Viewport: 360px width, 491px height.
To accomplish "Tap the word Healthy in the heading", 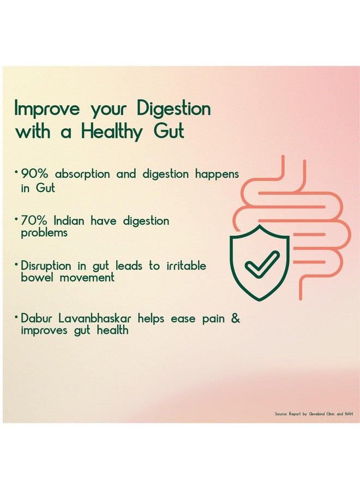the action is pos(111,131).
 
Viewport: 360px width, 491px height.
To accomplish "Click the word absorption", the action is pos(82,175).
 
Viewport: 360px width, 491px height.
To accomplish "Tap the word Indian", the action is pos(69,221).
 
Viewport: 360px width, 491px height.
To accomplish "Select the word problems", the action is pos(44,233).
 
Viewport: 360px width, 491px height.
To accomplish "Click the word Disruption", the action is pos(46,266).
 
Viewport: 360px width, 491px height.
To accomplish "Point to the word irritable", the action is pos(186,266).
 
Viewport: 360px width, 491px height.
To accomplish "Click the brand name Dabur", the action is pos(37,319).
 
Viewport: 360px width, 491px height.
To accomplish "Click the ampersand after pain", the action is pos(236,319).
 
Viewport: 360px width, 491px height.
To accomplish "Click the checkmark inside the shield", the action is pos(261,265).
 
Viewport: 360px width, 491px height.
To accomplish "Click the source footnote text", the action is pos(314,414).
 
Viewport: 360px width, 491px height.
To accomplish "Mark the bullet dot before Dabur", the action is pos(16,317).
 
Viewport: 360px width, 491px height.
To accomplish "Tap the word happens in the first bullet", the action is pos(217,175).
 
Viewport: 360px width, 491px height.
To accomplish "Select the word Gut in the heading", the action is pos(169,131).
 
